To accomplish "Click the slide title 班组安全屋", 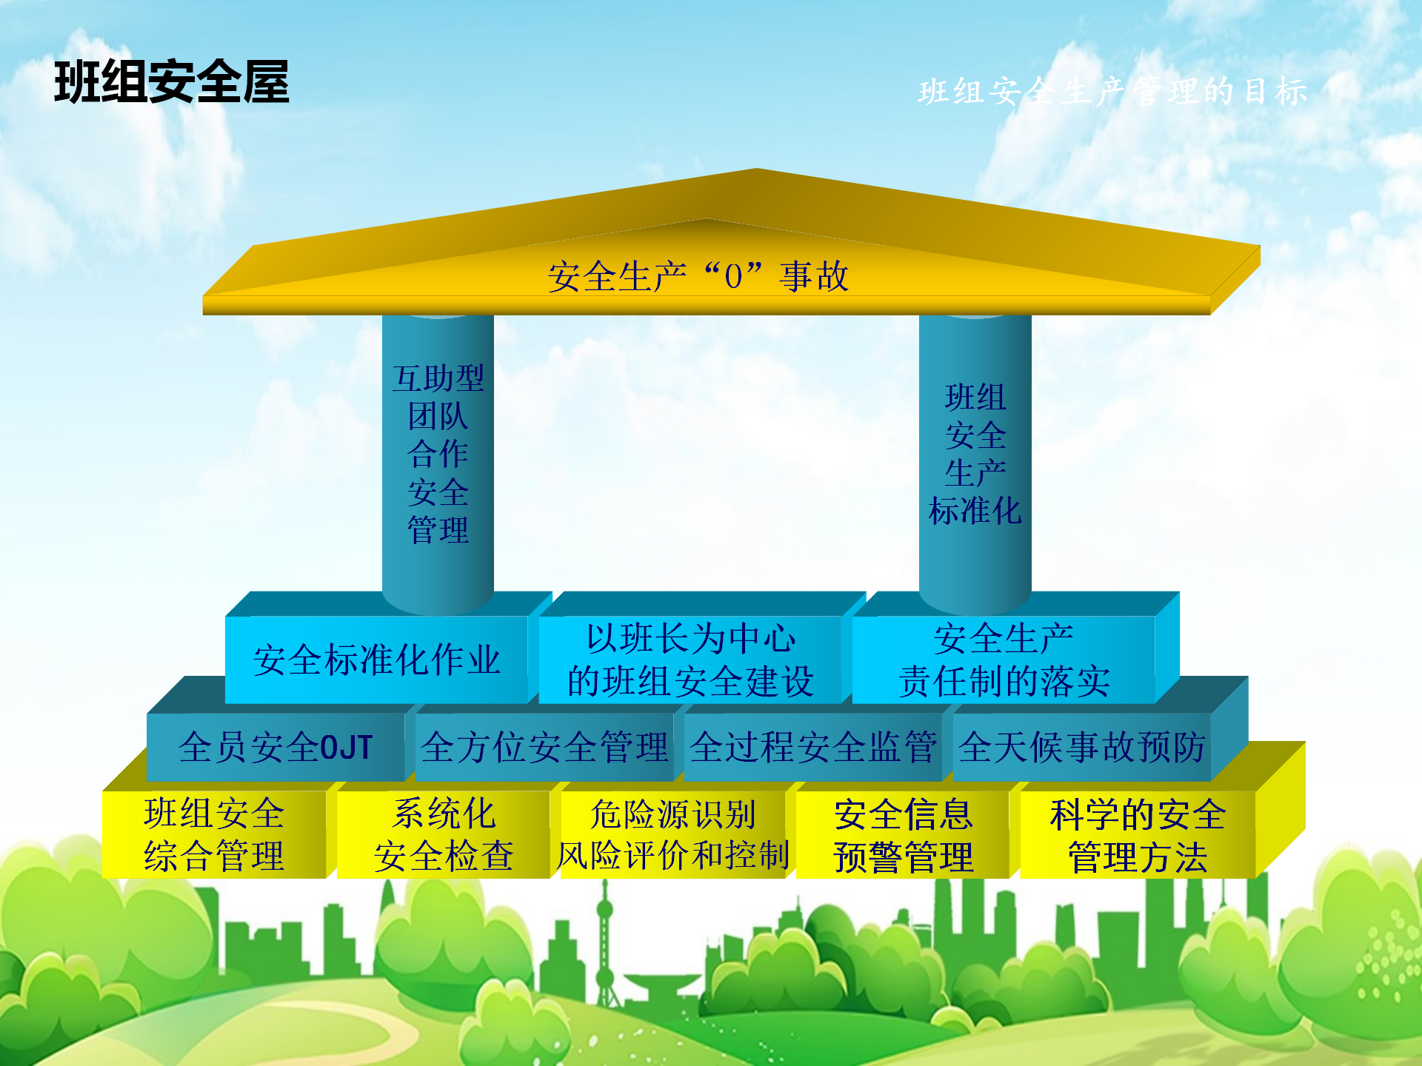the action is [171, 81].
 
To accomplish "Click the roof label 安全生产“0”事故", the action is [698, 276].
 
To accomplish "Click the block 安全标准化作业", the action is [376, 660].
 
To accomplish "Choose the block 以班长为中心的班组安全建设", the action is [690, 660].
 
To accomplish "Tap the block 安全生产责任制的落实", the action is [1004, 660].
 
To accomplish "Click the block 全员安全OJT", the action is [276, 747].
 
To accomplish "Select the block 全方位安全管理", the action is [544, 747].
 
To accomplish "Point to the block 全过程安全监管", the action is [813, 747].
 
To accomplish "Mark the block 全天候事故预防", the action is [1082, 747].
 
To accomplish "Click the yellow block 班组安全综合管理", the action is [214, 834].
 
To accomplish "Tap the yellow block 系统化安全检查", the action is [444, 834].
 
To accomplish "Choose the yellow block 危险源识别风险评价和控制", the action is [672, 834].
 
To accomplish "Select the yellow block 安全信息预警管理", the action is [903, 834].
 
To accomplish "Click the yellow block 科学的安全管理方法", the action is [1138, 834].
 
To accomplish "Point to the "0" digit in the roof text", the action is [733, 277].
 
